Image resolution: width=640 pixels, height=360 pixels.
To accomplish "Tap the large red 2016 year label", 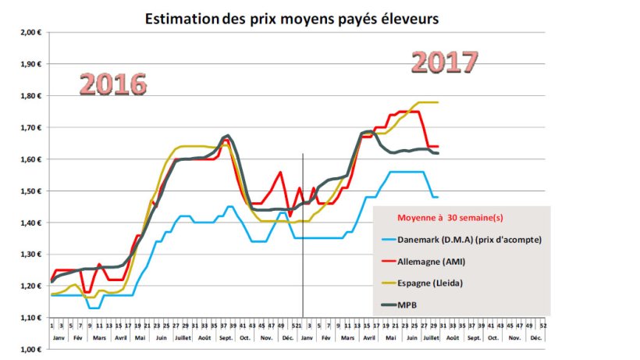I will [112, 84].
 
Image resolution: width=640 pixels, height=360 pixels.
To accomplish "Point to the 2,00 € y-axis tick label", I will [30, 33].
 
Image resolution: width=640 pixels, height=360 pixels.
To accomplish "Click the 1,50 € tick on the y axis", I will [30, 191].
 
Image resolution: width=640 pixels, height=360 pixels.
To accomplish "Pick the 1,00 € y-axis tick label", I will [30, 350].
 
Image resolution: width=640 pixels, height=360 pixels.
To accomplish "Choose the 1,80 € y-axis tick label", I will [30, 96].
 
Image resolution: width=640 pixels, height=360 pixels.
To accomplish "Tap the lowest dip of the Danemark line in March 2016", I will [94, 308].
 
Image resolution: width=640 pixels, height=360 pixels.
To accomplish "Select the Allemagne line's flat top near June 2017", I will [410, 112].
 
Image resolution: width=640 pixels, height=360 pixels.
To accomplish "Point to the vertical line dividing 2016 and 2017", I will [303, 234].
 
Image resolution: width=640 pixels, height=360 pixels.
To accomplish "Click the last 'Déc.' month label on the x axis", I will [535, 337].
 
